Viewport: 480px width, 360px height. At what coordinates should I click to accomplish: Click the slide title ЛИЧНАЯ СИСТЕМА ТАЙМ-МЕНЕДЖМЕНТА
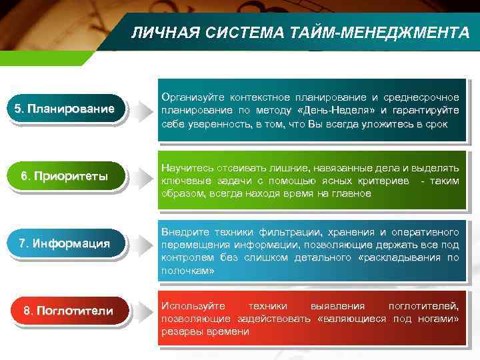(x=299, y=32)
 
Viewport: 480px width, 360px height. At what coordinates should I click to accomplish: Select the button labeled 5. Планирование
(x=65, y=109)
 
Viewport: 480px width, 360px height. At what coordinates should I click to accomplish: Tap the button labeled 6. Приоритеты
(x=65, y=177)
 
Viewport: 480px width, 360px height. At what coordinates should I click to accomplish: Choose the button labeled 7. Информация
(x=65, y=243)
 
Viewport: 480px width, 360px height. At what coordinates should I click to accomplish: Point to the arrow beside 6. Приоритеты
(x=141, y=177)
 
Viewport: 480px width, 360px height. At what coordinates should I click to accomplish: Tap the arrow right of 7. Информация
(x=141, y=244)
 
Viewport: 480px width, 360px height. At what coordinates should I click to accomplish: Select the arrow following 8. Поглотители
(x=141, y=311)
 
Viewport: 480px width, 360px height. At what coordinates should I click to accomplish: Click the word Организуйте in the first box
(x=195, y=99)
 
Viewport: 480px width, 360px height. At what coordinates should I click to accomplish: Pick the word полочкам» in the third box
(x=188, y=271)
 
